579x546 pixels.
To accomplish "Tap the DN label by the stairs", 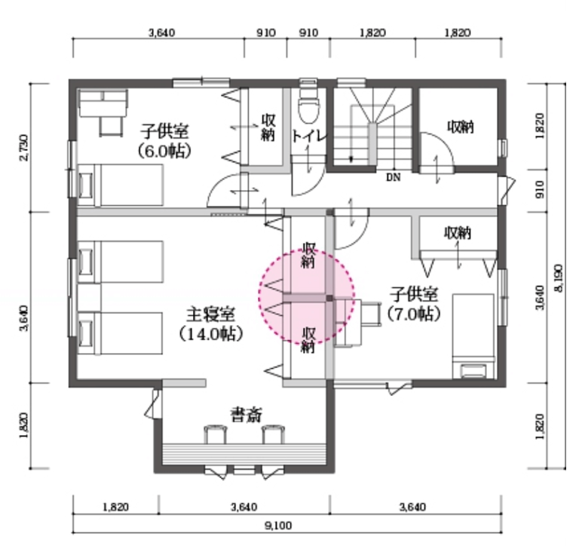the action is [x=394, y=178].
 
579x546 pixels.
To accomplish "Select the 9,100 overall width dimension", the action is [x=278, y=526].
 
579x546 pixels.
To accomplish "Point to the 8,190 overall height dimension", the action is [x=559, y=278].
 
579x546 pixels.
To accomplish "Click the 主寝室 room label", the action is [x=210, y=314].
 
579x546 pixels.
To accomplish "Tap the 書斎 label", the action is [x=247, y=414].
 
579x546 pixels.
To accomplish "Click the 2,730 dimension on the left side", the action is [x=23, y=147].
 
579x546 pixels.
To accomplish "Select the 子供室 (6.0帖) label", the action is [x=164, y=140].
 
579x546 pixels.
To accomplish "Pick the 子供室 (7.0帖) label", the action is [x=415, y=304].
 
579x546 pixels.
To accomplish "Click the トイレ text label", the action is [x=309, y=136].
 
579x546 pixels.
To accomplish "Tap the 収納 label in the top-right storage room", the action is [x=461, y=127].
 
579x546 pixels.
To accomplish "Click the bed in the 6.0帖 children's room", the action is [x=121, y=185].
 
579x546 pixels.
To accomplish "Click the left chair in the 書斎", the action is [x=215, y=434].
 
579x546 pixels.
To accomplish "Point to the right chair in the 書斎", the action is [x=273, y=434].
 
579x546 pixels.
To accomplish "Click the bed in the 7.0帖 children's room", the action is [x=473, y=336].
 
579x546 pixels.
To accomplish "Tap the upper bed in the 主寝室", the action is [x=121, y=262].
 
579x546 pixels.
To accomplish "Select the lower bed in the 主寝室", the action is [x=121, y=333].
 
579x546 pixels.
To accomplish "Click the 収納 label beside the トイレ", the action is [x=268, y=127].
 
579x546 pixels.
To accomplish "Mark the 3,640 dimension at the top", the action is [x=162, y=33].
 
